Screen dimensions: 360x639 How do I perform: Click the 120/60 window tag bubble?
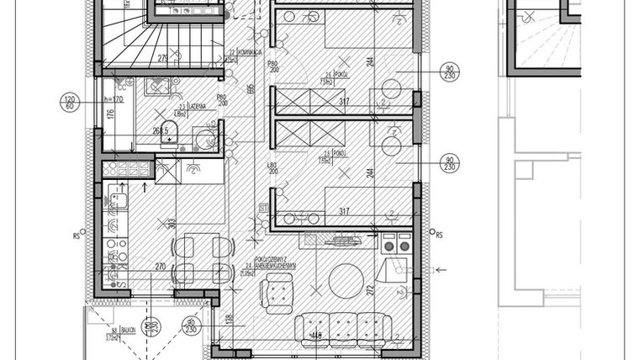71,103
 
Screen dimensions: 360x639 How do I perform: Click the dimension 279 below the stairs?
163,57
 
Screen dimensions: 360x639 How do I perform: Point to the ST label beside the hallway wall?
262,207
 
